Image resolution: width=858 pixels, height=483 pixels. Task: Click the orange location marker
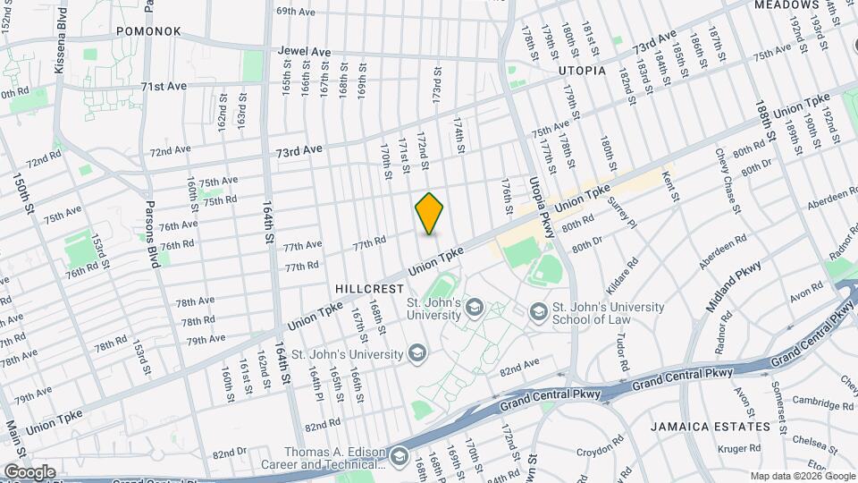pos(429,214)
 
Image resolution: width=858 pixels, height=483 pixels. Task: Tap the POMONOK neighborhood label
pos(148,31)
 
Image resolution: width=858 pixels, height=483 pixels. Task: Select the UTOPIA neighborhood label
pos(582,70)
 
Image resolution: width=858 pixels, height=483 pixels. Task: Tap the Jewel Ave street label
pos(304,52)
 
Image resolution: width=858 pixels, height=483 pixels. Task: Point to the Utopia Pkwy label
pos(540,190)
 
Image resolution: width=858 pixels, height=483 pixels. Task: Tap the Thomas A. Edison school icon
pos(399,460)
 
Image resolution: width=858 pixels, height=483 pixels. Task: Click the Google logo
pos(29,471)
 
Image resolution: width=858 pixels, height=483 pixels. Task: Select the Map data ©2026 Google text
pos(800,475)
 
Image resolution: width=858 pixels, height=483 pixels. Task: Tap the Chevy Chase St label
pos(726,180)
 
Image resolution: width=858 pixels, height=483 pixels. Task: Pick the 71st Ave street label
pos(164,87)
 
